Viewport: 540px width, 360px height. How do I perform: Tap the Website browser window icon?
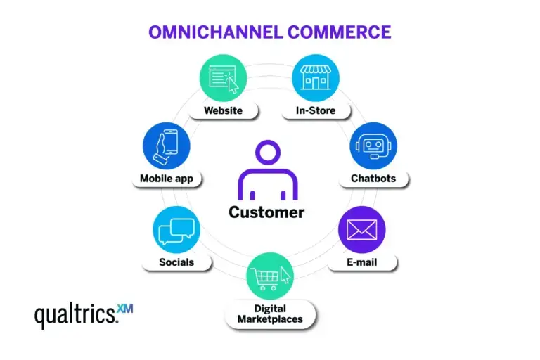tap(224, 78)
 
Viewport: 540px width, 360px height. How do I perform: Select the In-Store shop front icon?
tap(316, 78)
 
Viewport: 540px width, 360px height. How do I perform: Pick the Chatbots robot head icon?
tap(373, 146)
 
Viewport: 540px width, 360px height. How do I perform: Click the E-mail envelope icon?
tap(361, 230)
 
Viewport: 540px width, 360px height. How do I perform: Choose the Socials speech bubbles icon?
tap(176, 231)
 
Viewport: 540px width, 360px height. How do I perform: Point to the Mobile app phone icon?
tap(167, 146)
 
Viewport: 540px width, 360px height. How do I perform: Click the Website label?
tap(223, 110)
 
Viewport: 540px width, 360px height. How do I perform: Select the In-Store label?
tap(316, 110)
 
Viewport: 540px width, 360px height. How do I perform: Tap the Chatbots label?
tap(373, 179)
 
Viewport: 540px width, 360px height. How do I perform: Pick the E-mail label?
tap(362, 262)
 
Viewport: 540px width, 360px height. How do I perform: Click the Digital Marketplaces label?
tap(269, 314)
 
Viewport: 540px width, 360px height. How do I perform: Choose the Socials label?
tap(176, 262)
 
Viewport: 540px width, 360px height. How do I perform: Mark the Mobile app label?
tap(167, 179)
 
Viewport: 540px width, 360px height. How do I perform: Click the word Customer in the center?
tap(266, 212)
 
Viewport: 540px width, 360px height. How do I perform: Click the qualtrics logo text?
tap(75, 315)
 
